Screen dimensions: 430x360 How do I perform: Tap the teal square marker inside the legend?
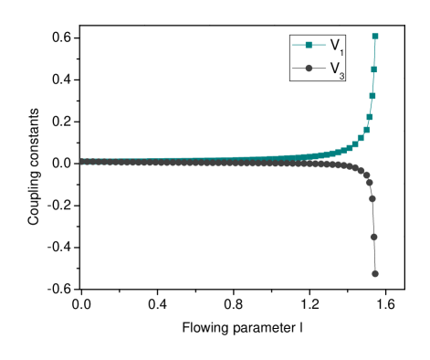(x=309, y=45)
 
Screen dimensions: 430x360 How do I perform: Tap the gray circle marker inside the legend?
(x=309, y=69)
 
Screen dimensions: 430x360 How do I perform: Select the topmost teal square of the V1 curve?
(x=375, y=37)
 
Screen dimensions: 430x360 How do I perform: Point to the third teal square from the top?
(x=372, y=96)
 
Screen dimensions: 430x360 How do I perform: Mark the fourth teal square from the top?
(x=370, y=116)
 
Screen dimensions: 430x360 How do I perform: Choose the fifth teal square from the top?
(x=366, y=130)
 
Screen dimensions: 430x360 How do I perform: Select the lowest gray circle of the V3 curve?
(x=375, y=272)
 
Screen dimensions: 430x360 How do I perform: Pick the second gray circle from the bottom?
(x=374, y=237)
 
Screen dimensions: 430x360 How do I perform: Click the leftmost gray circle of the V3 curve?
(x=83, y=161)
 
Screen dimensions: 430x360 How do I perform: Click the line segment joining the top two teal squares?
(x=374, y=53)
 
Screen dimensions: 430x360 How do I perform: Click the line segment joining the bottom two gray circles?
(x=374, y=255)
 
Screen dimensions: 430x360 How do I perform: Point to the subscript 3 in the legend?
(x=341, y=75)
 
